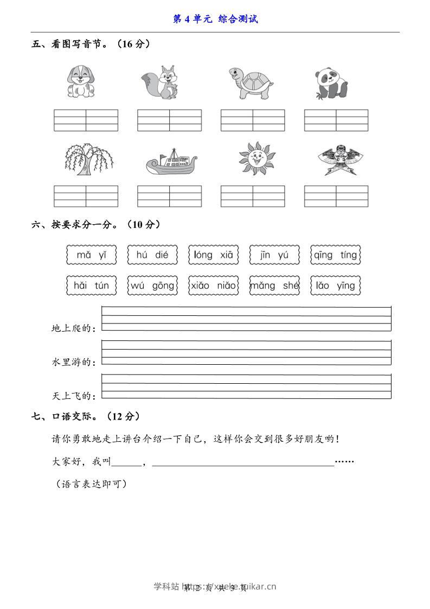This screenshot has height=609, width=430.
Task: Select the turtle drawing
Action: coord(250,83)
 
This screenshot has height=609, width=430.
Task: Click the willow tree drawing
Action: coord(87,159)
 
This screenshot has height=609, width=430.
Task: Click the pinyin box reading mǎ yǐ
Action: coord(92,255)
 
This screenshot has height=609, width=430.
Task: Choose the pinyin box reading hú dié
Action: coord(152,255)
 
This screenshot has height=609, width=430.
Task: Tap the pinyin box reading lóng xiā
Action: coord(213,255)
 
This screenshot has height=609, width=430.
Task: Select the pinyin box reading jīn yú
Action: coord(274,255)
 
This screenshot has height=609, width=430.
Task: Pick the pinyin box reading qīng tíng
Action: coord(335,255)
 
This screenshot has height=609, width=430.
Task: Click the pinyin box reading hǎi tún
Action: coord(92,286)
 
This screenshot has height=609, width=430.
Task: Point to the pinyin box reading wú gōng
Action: coord(152,286)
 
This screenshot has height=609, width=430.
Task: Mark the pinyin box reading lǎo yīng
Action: coord(335,286)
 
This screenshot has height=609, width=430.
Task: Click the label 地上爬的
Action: coord(73,328)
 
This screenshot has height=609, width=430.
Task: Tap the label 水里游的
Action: coord(73,362)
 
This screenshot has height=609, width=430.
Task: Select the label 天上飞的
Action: coord(73,396)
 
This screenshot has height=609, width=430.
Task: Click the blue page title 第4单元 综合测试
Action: coord(215,19)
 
